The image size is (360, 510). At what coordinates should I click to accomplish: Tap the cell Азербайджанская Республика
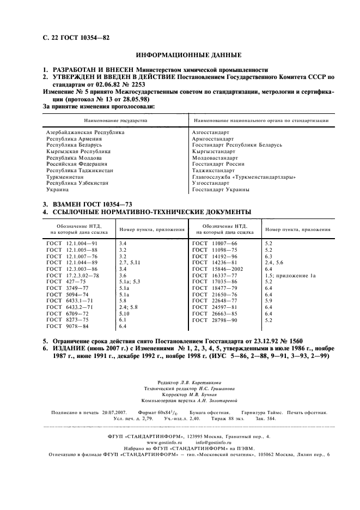pyautogui.click(x=86, y=132)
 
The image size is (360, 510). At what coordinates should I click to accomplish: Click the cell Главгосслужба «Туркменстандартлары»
pyautogui.click(x=244, y=177)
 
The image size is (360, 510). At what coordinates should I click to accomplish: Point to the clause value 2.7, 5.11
pyautogui.click(x=130, y=263)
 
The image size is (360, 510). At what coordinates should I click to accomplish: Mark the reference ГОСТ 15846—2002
pyautogui.click(x=218, y=269)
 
